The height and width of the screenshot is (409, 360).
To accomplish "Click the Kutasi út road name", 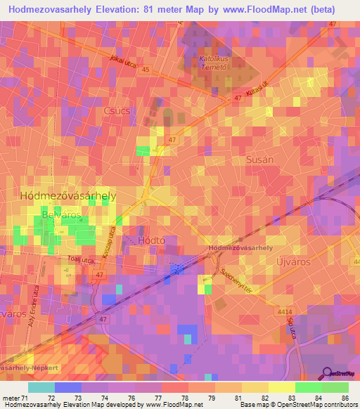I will (258, 93).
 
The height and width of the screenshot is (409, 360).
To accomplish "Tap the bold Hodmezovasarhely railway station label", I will (240, 249).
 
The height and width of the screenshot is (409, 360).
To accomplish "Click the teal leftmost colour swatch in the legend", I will (41, 387).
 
